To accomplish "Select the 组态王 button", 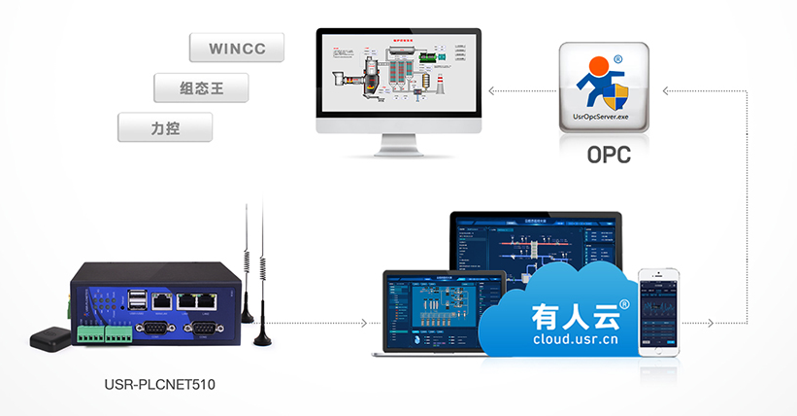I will (x=202, y=88).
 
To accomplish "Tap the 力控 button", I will (x=165, y=127).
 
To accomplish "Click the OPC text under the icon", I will (x=609, y=154).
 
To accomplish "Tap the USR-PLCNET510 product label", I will (x=159, y=385).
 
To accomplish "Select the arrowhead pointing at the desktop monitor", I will (x=491, y=92).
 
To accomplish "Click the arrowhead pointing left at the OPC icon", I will (x=665, y=92).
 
